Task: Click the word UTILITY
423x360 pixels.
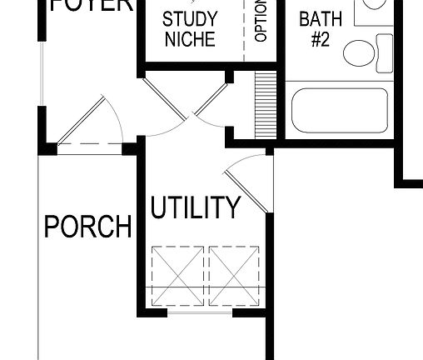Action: (x=195, y=207)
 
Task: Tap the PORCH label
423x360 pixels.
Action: (x=87, y=227)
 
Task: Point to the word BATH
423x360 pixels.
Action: (x=321, y=18)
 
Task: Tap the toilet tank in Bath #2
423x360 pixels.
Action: (x=384, y=51)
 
